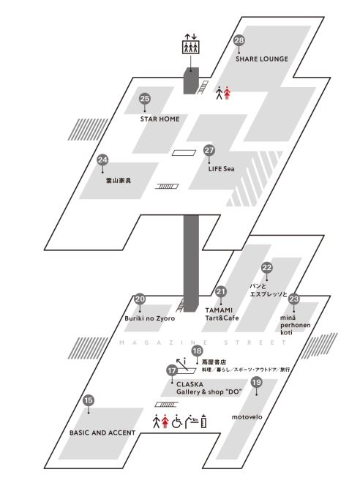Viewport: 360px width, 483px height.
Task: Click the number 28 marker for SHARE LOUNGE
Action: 239,40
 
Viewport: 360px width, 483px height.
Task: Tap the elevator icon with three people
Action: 191,47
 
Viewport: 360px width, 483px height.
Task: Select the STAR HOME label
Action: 160,119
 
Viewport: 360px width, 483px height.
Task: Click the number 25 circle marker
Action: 145,99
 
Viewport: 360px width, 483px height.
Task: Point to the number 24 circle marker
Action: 102,160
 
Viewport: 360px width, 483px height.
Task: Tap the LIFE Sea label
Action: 222,169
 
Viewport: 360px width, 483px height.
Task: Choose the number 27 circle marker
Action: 209,150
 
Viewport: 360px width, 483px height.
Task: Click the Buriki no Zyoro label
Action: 150,318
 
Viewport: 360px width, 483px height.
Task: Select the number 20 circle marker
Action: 140,299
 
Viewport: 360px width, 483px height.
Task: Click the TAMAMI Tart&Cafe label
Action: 222,314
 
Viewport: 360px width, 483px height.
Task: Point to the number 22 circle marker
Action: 266,267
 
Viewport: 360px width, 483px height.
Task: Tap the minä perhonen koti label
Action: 296,325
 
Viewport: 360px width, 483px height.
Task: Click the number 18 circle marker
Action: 197,351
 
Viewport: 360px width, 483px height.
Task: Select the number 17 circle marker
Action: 172,370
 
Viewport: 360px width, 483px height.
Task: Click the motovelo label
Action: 247,417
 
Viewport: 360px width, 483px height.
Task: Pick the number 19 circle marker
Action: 256,382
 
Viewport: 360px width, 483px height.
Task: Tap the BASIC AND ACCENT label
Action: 102,433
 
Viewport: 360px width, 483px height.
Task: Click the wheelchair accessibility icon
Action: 177,422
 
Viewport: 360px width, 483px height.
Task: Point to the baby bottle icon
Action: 203,422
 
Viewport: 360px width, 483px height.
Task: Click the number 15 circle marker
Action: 89,400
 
